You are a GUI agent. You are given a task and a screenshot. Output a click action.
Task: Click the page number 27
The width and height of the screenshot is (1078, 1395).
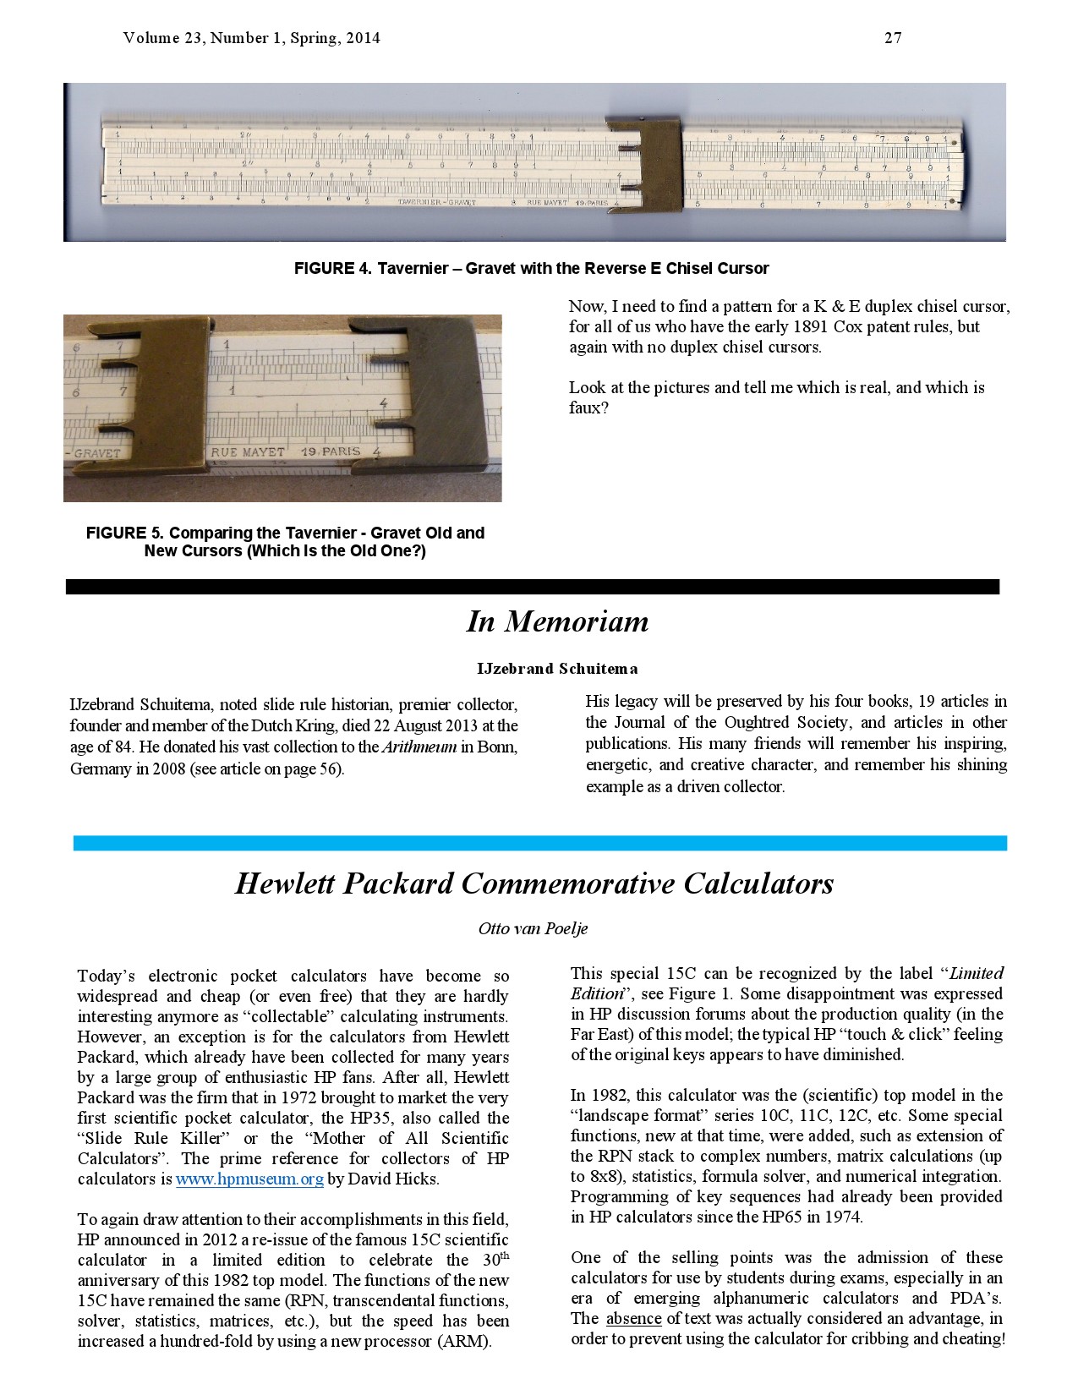(x=893, y=38)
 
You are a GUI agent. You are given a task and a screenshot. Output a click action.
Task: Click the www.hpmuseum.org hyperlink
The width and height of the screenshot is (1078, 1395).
(x=249, y=1179)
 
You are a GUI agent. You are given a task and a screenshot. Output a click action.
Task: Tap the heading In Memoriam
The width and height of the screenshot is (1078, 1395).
(x=557, y=621)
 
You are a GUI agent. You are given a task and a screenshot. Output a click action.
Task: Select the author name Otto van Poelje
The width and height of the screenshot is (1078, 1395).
(x=533, y=928)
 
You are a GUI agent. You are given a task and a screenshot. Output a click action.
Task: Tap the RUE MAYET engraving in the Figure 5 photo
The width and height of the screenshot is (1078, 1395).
(x=248, y=452)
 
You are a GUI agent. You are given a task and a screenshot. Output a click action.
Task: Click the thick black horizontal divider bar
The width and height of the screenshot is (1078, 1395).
(x=533, y=587)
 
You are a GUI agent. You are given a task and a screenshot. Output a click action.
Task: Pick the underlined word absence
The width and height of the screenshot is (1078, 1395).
(x=633, y=1318)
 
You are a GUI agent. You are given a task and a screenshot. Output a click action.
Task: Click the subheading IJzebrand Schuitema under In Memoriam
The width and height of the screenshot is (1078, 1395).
(x=557, y=669)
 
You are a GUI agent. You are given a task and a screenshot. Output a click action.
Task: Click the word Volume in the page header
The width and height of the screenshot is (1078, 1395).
(x=151, y=38)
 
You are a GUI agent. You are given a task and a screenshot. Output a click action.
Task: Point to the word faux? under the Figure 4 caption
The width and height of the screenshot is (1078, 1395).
(x=588, y=408)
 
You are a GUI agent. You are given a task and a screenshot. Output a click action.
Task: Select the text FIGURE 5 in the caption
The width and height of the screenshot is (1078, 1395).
(x=124, y=533)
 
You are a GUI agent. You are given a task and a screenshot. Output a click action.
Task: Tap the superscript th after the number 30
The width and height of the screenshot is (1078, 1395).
(x=505, y=1255)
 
